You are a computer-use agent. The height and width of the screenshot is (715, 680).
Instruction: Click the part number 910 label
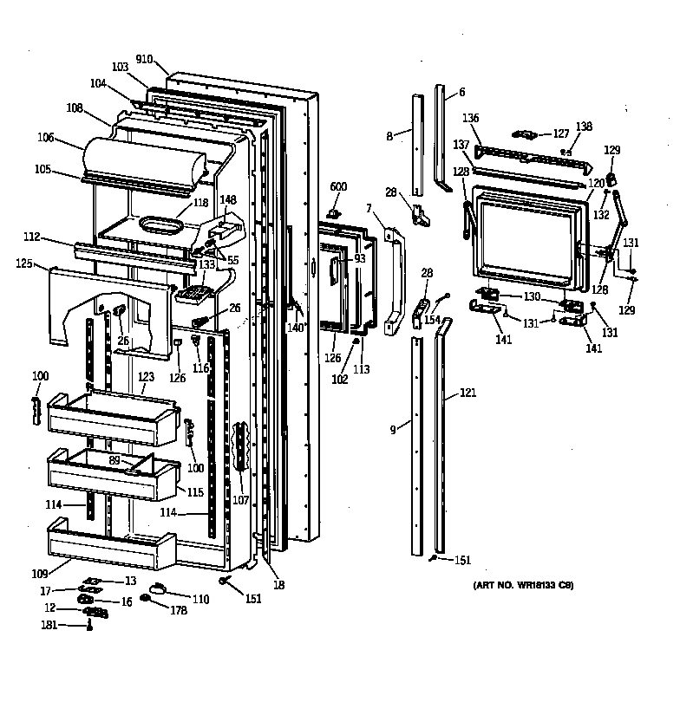tap(144, 59)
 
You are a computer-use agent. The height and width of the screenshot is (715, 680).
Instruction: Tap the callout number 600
tap(338, 187)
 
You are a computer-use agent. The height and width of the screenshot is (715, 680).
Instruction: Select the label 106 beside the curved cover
tap(46, 137)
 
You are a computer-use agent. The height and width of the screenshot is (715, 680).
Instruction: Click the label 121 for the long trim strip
tap(467, 393)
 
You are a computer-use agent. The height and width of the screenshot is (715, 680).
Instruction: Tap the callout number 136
tap(470, 119)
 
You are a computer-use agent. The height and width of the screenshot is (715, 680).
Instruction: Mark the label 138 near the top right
tap(584, 127)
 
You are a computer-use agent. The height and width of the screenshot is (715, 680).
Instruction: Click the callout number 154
tap(432, 321)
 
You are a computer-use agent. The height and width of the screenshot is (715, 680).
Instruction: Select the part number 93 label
tap(359, 258)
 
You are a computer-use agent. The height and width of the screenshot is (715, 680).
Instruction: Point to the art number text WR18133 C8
tap(523, 587)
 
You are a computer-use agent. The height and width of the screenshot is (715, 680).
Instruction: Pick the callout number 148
tap(227, 199)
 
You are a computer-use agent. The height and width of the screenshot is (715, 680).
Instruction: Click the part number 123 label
tap(146, 377)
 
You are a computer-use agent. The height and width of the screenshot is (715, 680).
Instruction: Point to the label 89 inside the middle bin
tap(114, 460)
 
